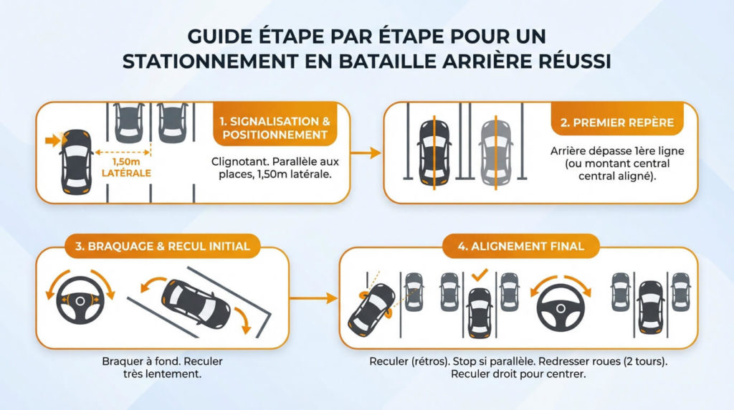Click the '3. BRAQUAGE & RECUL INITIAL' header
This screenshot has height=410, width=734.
click(161, 246)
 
